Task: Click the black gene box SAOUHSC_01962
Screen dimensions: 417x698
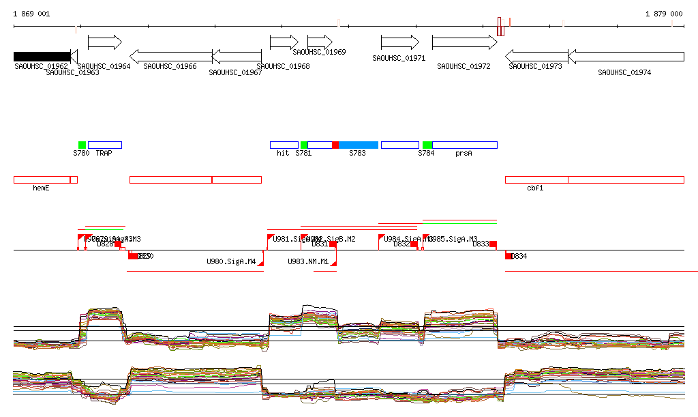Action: (42, 56)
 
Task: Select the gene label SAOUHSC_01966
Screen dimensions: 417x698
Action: (170, 66)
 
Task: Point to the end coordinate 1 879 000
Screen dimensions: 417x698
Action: (664, 14)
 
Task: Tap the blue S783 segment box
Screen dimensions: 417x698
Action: (358, 145)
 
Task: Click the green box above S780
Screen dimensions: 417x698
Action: (82, 145)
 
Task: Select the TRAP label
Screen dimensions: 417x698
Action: (104, 154)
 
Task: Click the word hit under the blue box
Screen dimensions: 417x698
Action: (283, 154)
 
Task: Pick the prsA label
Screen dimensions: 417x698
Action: (464, 154)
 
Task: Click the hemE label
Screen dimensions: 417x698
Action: (41, 188)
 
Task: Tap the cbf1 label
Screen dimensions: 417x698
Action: (535, 188)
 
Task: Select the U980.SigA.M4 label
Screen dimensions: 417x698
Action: (231, 261)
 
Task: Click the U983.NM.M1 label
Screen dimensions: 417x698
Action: (308, 261)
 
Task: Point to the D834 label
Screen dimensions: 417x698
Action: (519, 256)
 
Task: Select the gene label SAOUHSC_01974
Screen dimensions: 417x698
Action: (624, 72)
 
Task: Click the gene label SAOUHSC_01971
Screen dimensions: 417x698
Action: (399, 59)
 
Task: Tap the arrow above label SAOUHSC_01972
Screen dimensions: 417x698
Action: (465, 42)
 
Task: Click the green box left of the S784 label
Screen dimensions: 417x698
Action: (427, 145)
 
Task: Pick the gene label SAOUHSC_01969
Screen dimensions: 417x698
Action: (319, 52)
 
